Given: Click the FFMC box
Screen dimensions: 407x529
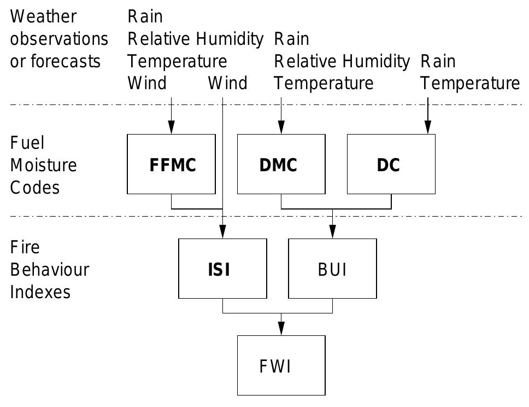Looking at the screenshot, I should (x=171, y=164).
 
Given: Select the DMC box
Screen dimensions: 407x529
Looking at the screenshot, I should (x=281, y=164).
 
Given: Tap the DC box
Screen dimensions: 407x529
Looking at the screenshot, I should (x=391, y=164).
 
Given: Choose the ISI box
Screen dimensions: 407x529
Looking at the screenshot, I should (x=222, y=269).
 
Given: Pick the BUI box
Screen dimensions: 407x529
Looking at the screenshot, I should (x=332, y=269).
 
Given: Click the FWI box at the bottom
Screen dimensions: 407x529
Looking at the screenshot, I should (x=281, y=365).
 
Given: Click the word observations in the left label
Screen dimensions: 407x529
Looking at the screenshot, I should (x=59, y=39).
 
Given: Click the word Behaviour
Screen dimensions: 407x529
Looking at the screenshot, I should (x=49, y=270).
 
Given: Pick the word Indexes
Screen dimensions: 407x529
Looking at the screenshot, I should (x=40, y=292).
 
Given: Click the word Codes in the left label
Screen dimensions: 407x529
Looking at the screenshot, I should (x=34, y=188).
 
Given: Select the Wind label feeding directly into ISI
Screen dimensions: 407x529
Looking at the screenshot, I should (x=227, y=84).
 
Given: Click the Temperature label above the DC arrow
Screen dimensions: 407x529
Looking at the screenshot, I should (x=470, y=84).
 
